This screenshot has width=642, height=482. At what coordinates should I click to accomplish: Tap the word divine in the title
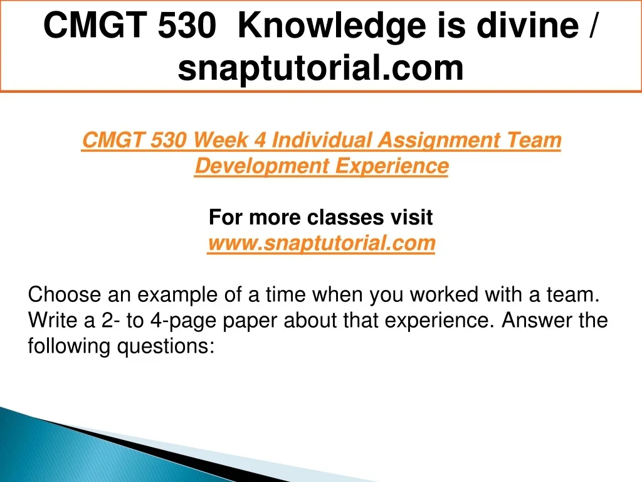tap(528, 25)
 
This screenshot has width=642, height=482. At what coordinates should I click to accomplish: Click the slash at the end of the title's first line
tap(592, 25)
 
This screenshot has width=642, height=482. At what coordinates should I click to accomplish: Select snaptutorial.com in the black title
tap(320, 68)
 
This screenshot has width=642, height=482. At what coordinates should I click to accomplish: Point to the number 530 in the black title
tap(187, 26)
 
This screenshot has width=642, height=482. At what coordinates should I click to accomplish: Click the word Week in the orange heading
tap(220, 140)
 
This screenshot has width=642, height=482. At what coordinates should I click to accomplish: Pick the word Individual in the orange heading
tap(322, 140)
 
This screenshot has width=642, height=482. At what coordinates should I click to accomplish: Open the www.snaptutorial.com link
tap(322, 244)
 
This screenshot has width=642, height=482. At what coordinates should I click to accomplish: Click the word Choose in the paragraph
tap(65, 295)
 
